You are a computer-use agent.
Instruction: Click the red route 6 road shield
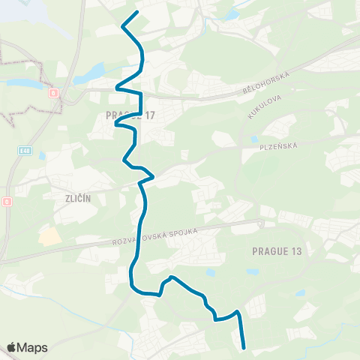coord(53,93)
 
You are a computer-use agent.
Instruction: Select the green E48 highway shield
coord(25,151)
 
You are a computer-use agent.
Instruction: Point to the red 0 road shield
coord(7,202)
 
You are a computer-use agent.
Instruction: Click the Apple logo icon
coord(12,347)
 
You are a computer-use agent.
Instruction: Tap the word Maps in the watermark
coord(33,347)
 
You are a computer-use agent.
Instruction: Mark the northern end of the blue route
coord(136,13)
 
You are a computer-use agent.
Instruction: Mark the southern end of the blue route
coord(244,347)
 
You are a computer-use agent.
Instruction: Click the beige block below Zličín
coord(49,235)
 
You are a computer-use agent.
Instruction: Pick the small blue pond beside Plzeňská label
coord(255,139)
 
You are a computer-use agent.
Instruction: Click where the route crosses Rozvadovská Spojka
coord(139,238)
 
